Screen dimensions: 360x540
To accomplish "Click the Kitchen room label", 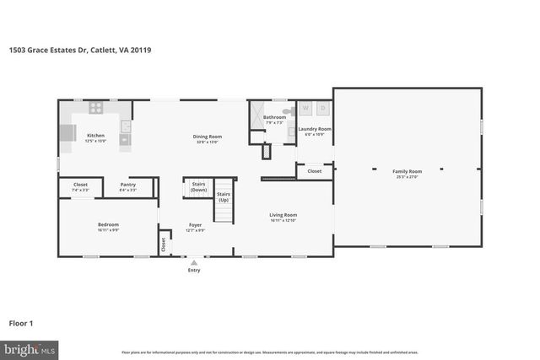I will (x=95, y=135).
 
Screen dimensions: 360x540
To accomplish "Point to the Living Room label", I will (x=283, y=215).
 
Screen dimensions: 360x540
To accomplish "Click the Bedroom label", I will (x=108, y=224).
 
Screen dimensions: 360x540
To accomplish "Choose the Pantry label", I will (x=128, y=184).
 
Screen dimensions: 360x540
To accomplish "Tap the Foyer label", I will (x=195, y=224).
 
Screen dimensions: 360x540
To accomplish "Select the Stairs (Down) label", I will (x=199, y=186).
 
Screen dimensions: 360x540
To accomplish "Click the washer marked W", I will (x=305, y=109).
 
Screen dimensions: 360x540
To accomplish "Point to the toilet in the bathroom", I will (x=286, y=110).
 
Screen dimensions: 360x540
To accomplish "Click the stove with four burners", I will (x=96, y=108).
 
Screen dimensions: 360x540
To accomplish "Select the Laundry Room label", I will (x=315, y=129).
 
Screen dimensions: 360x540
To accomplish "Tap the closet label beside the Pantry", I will (x=80, y=184).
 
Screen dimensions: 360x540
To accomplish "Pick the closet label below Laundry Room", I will (x=314, y=171).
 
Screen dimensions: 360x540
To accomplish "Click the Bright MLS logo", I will (x=30, y=348).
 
